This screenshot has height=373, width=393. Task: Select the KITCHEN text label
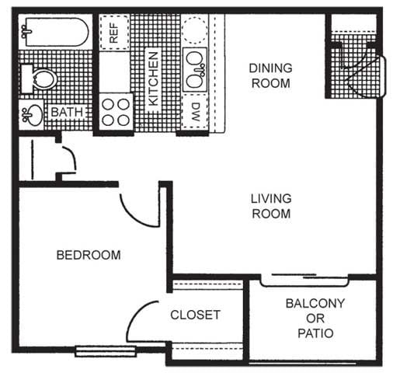coord(154,78)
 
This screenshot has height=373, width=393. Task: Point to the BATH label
coord(67,113)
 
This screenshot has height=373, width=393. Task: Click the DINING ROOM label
coord(270,75)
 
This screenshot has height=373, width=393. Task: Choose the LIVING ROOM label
coord(270,206)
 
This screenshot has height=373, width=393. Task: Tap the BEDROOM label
coord(89,254)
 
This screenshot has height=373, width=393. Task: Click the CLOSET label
coord(195,315)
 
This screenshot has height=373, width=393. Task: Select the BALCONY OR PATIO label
coord(315,319)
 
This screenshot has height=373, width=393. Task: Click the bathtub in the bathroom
coord(53,33)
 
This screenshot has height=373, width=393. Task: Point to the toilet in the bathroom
coord(40,78)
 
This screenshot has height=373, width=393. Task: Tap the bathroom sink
coord(33,115)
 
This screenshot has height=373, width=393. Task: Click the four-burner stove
coord(116,111)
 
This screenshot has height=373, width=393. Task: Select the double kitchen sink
coord(194,68)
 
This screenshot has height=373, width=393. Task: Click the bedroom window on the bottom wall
coord(99,350)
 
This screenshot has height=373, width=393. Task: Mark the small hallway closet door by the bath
coord(67,159)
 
